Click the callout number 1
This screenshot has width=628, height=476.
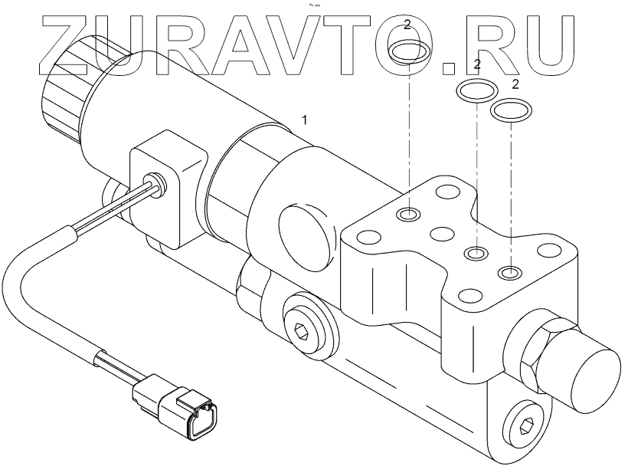click(x=305, y=120)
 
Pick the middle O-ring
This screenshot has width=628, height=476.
click(x=476, y=91)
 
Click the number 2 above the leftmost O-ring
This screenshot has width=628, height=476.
click(x=407, y=25)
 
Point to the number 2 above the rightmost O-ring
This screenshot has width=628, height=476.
click(x=515, y=83)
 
